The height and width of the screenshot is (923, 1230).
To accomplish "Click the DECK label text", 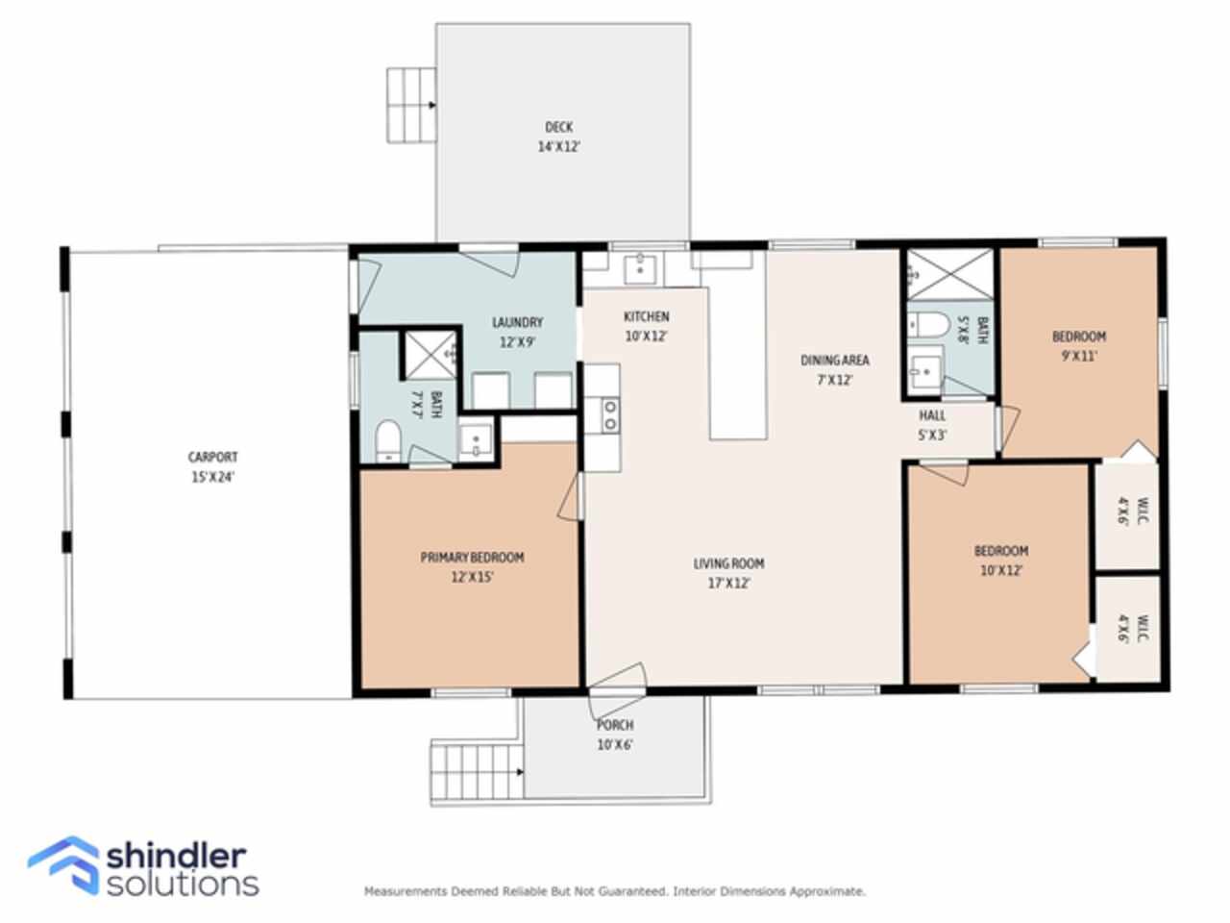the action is (558, 127).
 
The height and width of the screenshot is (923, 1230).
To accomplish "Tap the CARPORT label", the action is (213, 458).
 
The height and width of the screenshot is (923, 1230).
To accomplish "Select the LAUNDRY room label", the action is (517, 322).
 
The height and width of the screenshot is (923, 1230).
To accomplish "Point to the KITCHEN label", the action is (646, 316).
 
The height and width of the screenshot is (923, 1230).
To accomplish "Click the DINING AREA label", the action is (834, 361).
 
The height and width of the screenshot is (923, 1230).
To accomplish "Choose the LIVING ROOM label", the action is (728, 563).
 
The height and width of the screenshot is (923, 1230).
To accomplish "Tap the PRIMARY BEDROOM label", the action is (473, 557).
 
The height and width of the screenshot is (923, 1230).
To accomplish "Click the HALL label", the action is (932, 415).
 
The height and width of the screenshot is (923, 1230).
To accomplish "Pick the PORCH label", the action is (615, 725).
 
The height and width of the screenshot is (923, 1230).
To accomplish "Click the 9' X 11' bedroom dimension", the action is (1079, 356).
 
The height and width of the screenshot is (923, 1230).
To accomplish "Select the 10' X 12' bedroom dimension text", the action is (1000, 570).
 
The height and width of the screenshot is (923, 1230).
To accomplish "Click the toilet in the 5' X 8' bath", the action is (928, 325).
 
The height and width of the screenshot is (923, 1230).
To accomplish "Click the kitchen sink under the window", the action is (641, 269).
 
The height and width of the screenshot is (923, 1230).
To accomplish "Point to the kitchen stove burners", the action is (610, 415).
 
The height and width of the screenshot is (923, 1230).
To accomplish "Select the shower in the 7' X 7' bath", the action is (430, 356).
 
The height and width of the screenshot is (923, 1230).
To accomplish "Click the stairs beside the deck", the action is (410, 106).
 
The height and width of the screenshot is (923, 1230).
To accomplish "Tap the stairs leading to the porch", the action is (477, 772).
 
